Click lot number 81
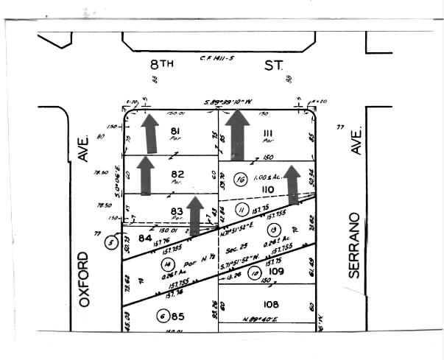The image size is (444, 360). [x=175, y=131]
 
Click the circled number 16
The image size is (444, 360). [x=239, y=179]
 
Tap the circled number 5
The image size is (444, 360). [x=112, y=241]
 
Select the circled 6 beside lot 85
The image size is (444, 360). [x=163, y=317]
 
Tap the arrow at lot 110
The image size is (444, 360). [x=293, y=184]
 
